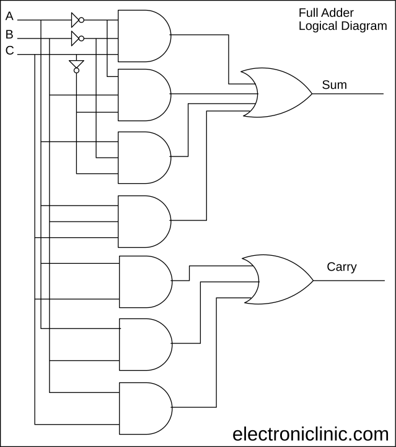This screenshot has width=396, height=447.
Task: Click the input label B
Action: tap(9, 34)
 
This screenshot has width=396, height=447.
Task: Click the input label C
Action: tap(9, 51)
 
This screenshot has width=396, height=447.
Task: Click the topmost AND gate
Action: tap(143, 36)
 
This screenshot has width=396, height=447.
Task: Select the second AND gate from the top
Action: tap(143, 94)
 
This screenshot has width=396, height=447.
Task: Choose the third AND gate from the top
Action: tap(143, 157)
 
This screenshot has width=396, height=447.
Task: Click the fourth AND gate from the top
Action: tap(143, 221)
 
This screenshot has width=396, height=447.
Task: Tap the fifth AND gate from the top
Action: tap(144, 281)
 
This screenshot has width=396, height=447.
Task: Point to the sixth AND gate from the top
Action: tap(144, 344)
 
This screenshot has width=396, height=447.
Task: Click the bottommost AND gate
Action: tap(144, 408)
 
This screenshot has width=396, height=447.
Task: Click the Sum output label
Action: tap(335, 84)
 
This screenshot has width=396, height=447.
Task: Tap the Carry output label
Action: tap(341, 267)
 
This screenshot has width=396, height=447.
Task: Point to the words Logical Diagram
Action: tap(342, 26)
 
